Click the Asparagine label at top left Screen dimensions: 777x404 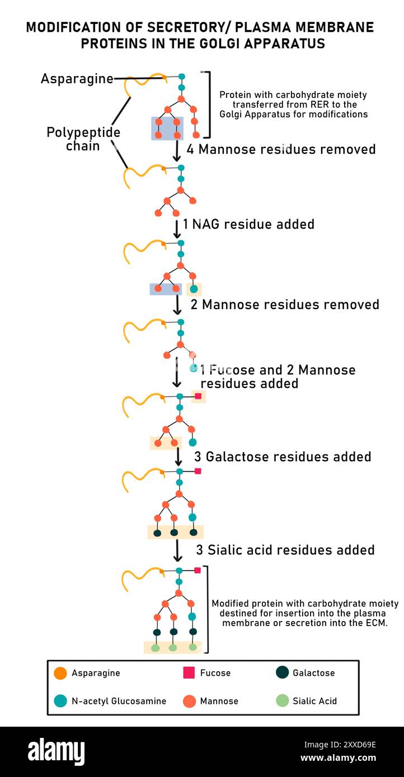(x=77, y=79)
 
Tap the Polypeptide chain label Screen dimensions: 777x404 (x=83, y=139)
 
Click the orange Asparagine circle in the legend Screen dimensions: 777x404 (x=60, y=673)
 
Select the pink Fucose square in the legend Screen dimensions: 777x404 (x=189, y=673)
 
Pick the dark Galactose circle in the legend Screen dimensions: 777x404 (x=283, y=672)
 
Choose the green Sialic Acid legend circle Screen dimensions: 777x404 (x=283, y=700)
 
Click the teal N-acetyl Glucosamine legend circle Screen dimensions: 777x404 (x=60, y=700)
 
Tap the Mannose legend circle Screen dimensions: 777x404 (x=189, y=700)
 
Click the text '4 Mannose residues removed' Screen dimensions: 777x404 (x=281, y=149)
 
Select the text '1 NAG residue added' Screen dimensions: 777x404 (x=248, y=224)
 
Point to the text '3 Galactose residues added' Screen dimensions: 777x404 (x=283, y=457)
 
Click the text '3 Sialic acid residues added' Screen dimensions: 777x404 (x=285, y=550)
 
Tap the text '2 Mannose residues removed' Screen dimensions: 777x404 (x=285, y=305)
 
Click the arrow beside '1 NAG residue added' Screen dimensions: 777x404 (x=177, y=228)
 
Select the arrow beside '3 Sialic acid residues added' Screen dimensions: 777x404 (x=177, y=551)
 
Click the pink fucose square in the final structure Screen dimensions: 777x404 (x=198, y=570)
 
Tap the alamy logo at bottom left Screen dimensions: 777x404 (x=56, y=752)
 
